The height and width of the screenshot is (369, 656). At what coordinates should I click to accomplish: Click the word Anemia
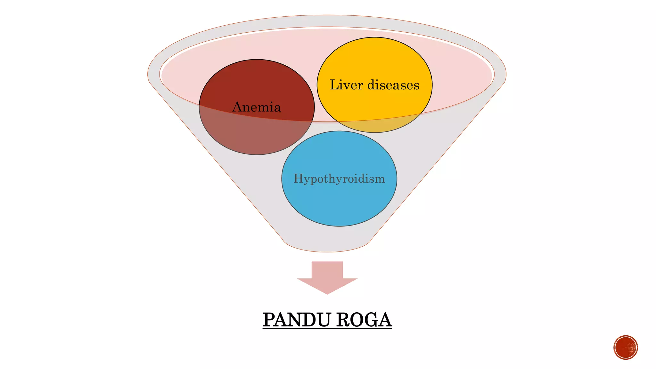click(257, 107)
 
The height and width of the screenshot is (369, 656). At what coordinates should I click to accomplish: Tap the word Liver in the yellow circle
click(346, 85)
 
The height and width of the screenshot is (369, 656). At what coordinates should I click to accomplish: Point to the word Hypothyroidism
click(339, 178)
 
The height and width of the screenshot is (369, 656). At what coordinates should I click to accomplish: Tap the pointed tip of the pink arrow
click(327, 292)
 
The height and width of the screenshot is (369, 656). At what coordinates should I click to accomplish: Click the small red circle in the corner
click(626, 348)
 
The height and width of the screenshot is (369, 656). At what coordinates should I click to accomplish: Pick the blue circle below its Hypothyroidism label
click(339, 205)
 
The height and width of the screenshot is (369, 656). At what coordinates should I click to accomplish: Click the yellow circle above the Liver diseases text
click(374, 58)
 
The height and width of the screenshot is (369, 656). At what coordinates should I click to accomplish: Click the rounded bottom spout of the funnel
click(327, 245)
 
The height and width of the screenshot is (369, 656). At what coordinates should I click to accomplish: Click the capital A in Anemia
click(237, 107)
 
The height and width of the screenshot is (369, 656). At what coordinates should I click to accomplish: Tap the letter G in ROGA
click(368, 320)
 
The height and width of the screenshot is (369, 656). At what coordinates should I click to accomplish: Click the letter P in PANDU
click(269, 320)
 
